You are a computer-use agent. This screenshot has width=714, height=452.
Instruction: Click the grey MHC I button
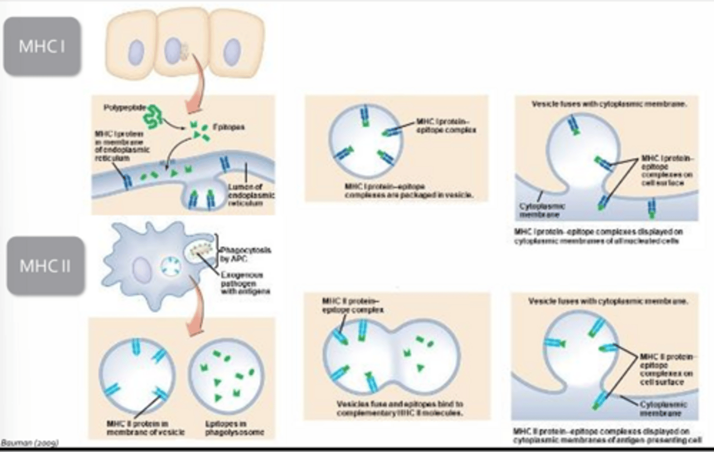tap(42, 47)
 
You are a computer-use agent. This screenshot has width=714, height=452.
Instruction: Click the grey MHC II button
tap(45, 266)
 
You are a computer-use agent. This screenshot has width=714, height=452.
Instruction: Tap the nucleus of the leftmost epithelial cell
tap(136, 52)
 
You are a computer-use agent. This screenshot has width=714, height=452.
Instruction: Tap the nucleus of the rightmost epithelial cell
tap(231, 52)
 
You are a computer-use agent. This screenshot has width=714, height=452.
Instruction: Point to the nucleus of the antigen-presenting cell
tap(142, 271)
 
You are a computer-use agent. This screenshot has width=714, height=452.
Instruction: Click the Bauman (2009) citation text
tap(30, 443)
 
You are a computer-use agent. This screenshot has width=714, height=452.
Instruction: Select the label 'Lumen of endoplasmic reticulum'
tap(251, 195)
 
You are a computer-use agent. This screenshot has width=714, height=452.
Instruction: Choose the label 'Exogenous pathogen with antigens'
tap(245, 283)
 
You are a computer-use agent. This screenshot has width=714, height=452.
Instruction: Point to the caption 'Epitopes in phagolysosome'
tap(235, 428)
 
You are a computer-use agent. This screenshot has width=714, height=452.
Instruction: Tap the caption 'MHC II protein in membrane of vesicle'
tap(145, 428)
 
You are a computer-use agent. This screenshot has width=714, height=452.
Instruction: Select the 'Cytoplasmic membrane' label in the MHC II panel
tap(663, 408)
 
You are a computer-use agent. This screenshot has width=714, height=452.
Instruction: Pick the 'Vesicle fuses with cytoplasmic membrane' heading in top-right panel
tap(609, 104)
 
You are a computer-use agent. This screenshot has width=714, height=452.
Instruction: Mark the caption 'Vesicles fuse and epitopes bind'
tap(400, 408)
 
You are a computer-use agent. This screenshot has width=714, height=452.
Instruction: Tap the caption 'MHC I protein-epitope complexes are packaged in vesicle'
tap(409, 191)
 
